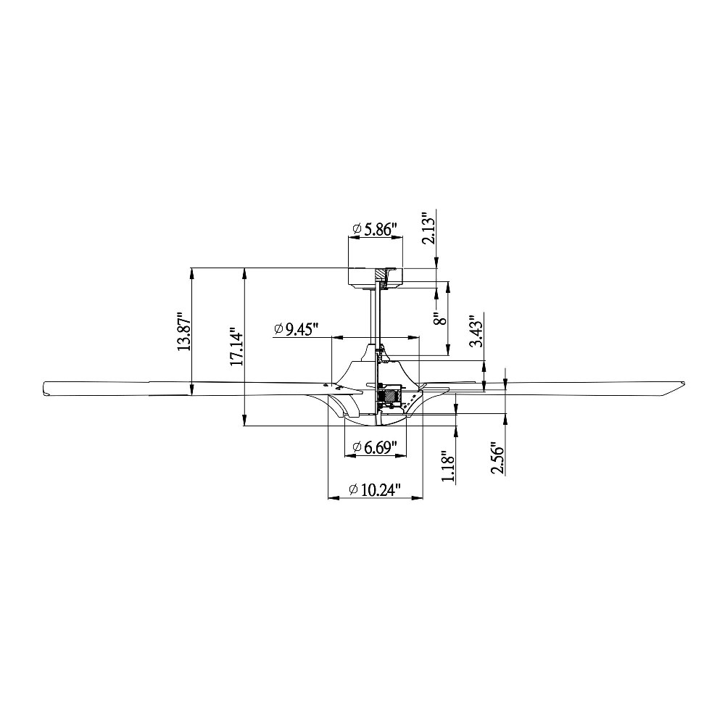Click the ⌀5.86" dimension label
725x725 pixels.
(x=375, y=229)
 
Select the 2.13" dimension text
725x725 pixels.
(x=429, y=228)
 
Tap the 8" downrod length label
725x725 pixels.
(x=442, y=318)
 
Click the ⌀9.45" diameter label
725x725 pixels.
(x=297, y=329)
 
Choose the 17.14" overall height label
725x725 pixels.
(x=237, y=347)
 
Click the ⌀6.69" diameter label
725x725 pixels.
(x=375, y=447)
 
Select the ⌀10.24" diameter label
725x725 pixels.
(x=375, y=489)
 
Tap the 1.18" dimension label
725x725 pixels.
(x=449, y=465)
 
